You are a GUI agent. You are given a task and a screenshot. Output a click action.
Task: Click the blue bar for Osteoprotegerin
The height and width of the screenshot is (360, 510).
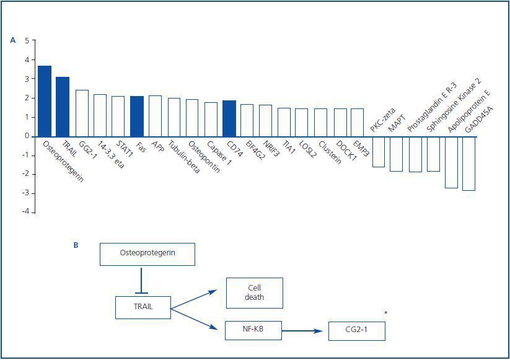(x=45, y=101)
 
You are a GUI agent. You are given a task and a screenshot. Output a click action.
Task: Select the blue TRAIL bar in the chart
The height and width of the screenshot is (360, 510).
(x=63, y=107)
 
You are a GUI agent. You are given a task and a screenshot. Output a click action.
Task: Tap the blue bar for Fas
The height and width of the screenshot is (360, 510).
(x=137, y=116)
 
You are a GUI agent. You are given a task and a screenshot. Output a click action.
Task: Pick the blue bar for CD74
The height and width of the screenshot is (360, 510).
(x=229, y=118)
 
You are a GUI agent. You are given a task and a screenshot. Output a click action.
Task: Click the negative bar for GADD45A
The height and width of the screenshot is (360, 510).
(x=468, y=163)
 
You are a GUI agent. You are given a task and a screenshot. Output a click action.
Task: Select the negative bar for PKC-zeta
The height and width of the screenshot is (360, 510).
(x=378, y=151)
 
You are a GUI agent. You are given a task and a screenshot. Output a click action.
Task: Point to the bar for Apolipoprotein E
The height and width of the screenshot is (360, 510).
(x=451, y=162)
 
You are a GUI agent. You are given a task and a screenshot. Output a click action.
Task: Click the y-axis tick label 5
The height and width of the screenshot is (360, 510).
(x=27, y=41)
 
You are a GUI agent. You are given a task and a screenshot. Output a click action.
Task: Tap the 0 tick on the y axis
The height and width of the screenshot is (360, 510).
(x=27, y=136)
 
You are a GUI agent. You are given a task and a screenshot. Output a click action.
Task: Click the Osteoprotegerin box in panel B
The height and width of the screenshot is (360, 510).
(x=147, y=254)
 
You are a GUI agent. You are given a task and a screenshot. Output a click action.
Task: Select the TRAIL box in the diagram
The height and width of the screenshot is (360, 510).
(x=143, y=307)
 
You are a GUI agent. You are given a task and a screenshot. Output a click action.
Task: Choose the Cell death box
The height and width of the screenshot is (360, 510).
(x=254, y=293)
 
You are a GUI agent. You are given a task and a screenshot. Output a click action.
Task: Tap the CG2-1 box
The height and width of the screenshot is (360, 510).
(x=356, y=331)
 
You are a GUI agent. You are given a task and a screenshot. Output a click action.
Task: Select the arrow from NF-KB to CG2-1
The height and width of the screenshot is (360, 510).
(x=304, y=331)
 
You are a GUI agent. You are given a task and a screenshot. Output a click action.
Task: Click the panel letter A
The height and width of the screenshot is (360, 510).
(x=13, y=41)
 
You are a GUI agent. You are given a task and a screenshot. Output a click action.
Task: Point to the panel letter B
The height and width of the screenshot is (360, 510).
(x=76, y=245)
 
